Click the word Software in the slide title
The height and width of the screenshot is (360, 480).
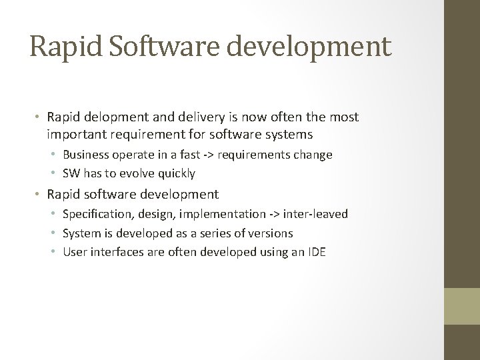pos(173,45)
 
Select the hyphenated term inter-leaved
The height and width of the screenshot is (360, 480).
pos(315,214)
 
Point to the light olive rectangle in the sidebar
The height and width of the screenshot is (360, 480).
pos(462,306)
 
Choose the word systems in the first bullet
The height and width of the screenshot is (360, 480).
pos(289,134)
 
